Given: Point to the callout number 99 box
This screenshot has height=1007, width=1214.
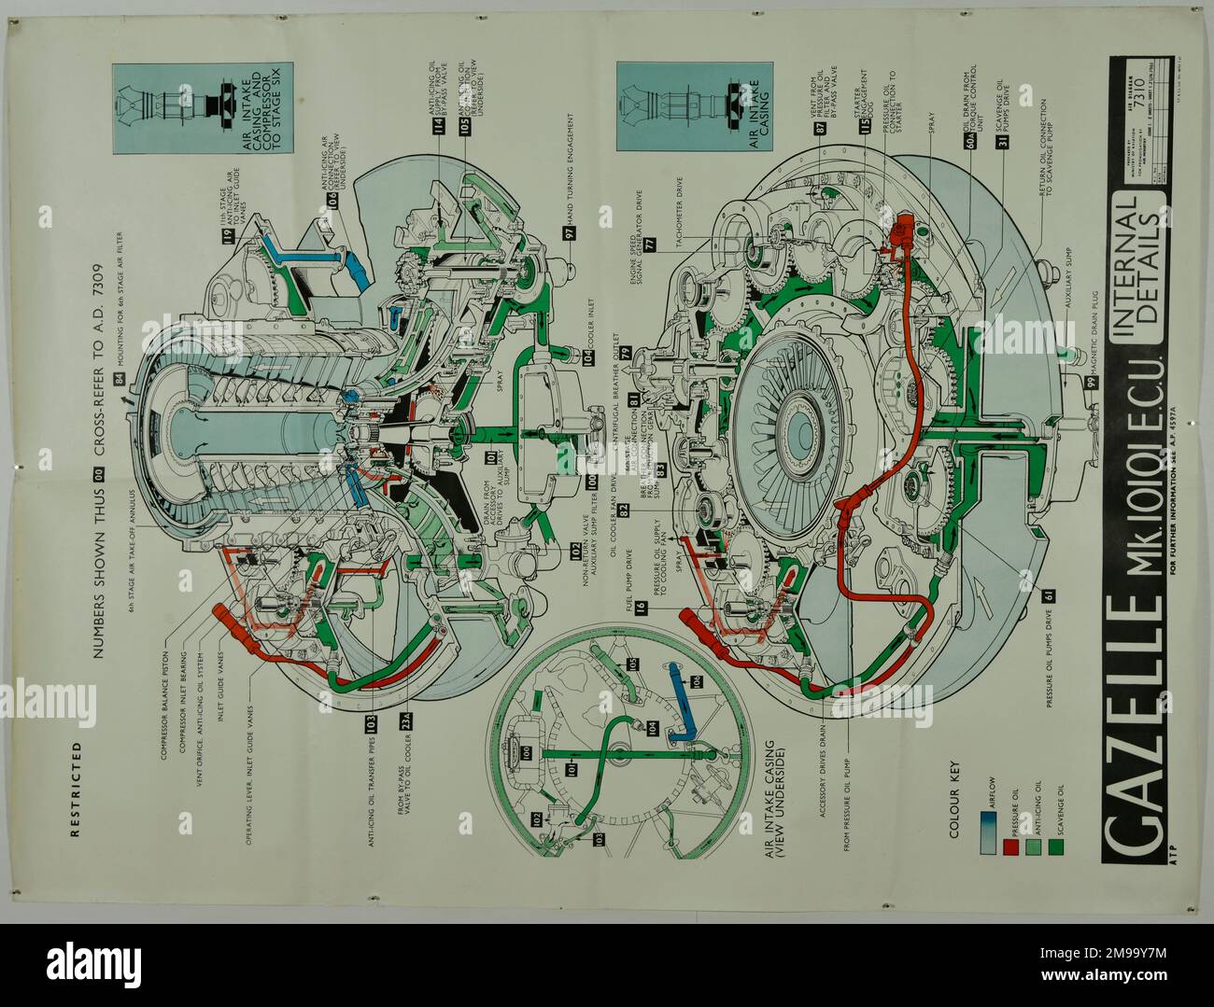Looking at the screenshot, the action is point(1089,380).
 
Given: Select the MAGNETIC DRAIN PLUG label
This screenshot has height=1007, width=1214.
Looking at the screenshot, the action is point(1089,328).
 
